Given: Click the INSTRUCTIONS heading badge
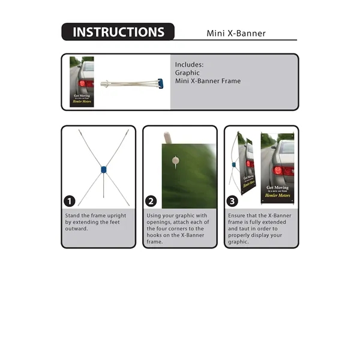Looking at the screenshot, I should pyautogui.click(x=118, y=32).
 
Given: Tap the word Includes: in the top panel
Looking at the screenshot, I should pyautogui.click(x=189, y=64).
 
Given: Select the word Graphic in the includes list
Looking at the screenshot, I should pyautogui.click(x=187, y=73).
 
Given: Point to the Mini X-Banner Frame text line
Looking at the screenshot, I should pyautogui.click(x=208, y=81).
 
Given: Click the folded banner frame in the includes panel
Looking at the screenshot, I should pyautogui.click(x=132, y=83).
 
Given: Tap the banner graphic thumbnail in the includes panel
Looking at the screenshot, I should pyautogui.click(x=82, y=82).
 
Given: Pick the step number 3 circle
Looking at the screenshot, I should pyautogui.click(x=233, y=201).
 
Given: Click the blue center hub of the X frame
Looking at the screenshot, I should pyautogui.click(x=103, y=170).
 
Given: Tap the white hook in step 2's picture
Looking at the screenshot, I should pyautogui.click(x=175, y=160).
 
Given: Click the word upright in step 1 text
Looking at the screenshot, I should pyautogui.click(x=121, y=215).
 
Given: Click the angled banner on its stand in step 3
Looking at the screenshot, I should pyautogui.click(x=246, y=165).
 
